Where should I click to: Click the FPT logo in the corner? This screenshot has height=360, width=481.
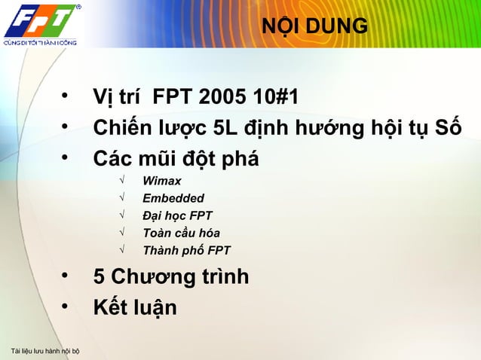(x=41, y=20)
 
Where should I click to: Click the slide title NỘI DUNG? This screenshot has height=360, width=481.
(x=315, y=27)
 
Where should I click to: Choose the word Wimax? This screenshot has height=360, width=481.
(x=161, y=182)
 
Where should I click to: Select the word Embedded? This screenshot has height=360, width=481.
(x=173, y=199)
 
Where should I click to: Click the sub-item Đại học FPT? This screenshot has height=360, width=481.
(x=177, y=216)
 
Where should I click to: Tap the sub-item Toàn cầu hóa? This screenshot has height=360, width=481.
(x=181, y=233)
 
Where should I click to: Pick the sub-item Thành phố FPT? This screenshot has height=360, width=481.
(x=186, y=251)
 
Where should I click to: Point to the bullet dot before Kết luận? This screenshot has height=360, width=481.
(x=66, y=307)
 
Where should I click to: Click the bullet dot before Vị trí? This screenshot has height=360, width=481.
(x=66, y=97)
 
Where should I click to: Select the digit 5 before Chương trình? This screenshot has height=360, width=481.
(x=99, y=277)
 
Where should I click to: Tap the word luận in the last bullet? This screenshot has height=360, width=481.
(x=153, y=308)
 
